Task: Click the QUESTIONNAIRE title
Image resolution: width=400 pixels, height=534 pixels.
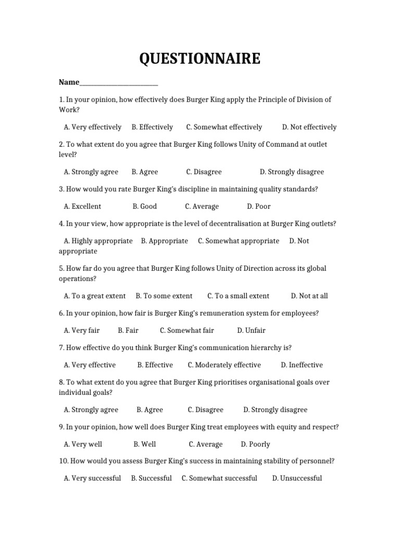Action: point(199,59)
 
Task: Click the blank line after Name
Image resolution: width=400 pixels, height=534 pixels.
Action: point(119,82)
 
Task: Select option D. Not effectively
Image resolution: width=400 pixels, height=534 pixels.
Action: point(309,127)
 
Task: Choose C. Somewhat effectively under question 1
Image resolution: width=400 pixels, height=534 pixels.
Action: point(224,127)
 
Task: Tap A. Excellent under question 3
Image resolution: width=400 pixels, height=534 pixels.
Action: point(82,206)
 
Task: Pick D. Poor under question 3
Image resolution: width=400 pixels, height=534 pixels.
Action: point(259,206)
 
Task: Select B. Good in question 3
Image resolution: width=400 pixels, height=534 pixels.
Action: point(144,206)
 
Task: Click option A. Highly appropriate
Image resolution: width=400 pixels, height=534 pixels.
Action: point(98,240)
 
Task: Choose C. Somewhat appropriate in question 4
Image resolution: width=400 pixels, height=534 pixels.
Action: point(238,240)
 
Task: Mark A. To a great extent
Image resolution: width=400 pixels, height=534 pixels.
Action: point(94,296)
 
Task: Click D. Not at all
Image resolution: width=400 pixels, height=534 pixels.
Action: point(309,296)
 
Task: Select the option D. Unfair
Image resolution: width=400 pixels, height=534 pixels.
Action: point(251,330)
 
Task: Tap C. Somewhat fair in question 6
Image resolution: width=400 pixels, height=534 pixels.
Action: point(186,330)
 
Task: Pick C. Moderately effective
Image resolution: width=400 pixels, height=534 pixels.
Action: point(224,365)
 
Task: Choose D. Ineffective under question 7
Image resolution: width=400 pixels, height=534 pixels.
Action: point(302,365)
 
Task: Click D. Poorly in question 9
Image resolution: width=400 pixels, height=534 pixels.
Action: point(255,444)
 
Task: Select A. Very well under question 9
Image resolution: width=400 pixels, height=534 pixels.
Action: point(83,444)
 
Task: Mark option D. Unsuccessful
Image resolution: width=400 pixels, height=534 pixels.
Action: point(297,478)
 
